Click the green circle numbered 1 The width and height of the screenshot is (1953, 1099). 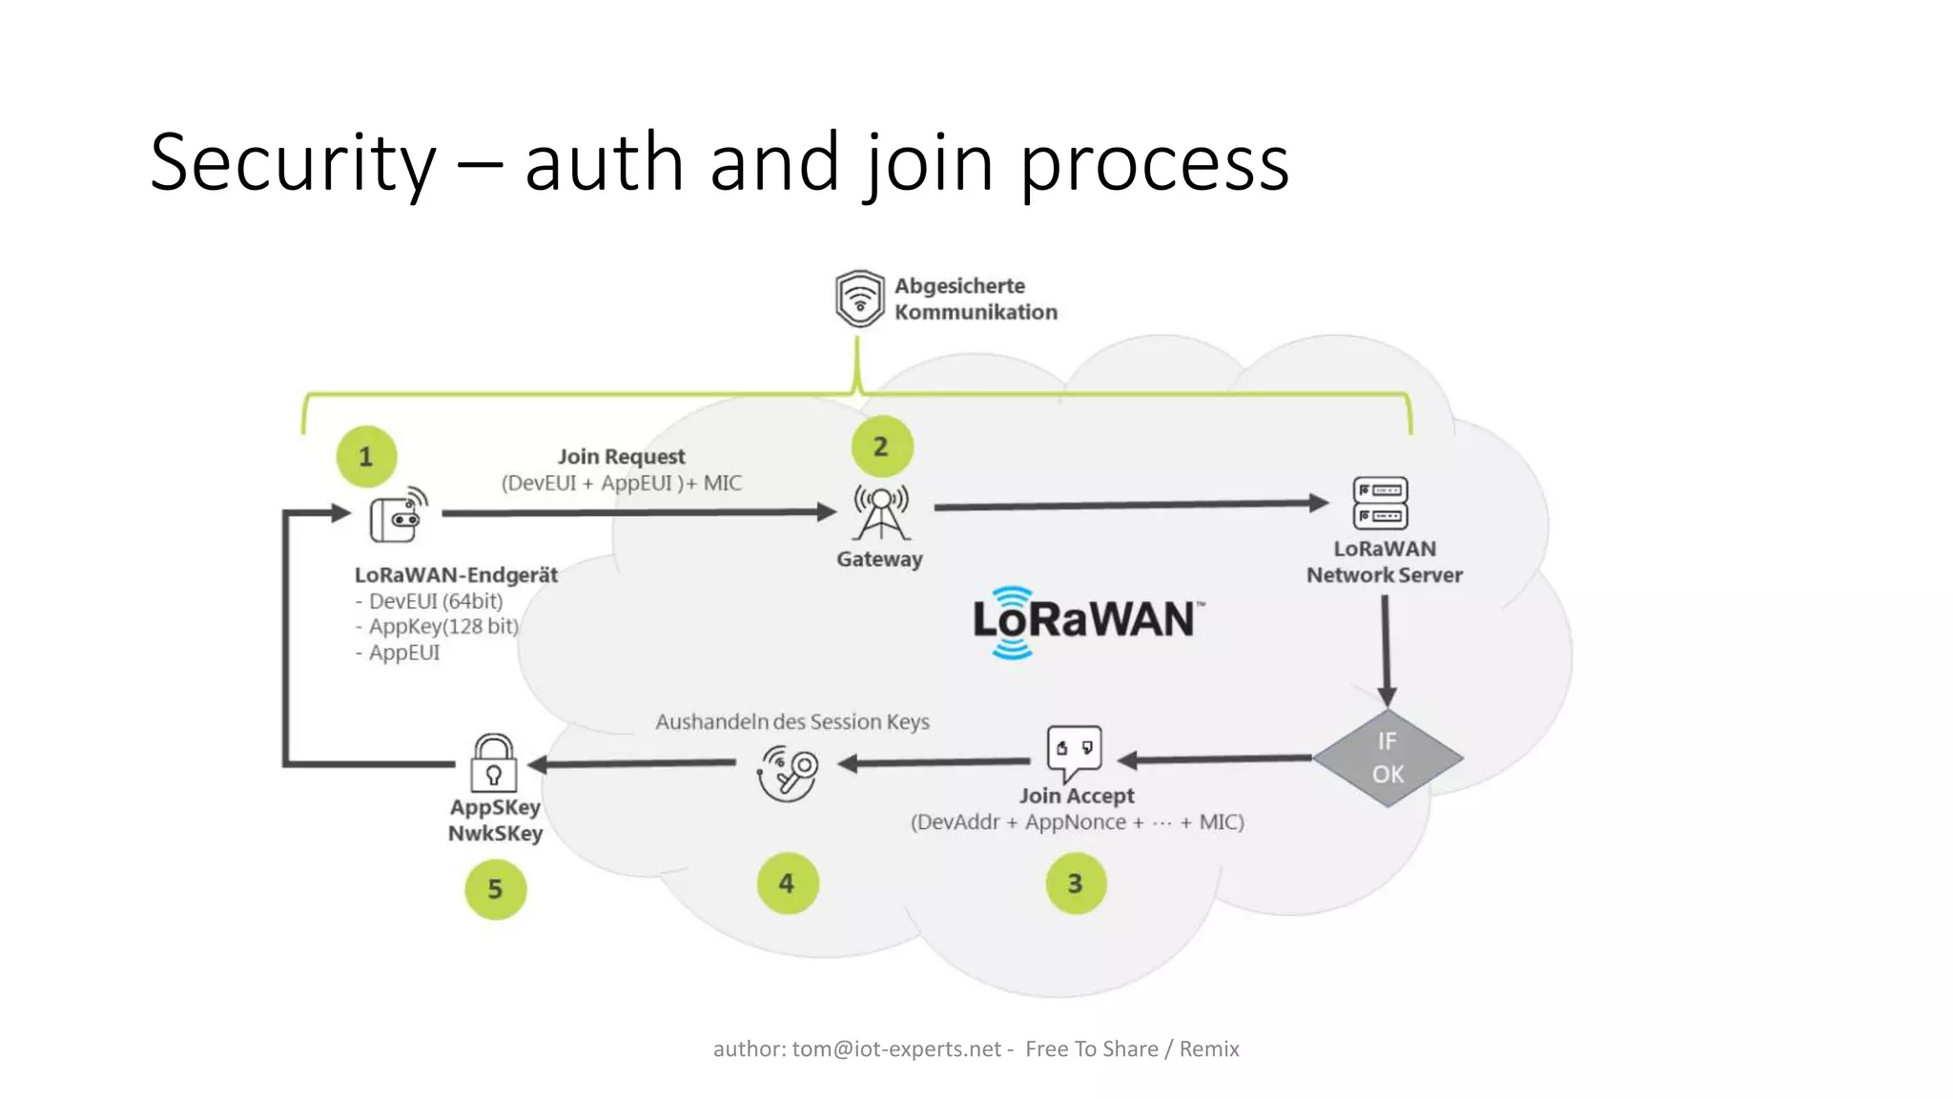[x=366, y=456]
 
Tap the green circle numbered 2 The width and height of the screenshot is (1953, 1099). [x=881, y=446]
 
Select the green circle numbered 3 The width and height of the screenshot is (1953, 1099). [x=1076, y=883]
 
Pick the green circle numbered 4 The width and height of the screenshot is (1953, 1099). [x=787, y=883]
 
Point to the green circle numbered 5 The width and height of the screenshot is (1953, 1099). [x=495, y=889]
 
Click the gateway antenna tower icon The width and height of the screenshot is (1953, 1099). [x=881, y=512]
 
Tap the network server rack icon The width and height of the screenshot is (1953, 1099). [x=1380, y=503]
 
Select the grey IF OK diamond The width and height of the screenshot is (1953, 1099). [x=1388, y=757]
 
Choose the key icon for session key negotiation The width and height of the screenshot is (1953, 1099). [x=788, y=772]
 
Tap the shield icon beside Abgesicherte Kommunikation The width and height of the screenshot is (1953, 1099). [x=859, y=299]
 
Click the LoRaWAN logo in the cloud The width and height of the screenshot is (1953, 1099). [x=1087, y=621]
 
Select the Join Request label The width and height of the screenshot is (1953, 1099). [x=621, y=457]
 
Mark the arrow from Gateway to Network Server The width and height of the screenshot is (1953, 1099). [x=1130, y=506]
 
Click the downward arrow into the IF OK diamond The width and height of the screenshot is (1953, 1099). [x=1386, y=649]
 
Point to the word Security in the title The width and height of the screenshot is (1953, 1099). [x=293, y=162]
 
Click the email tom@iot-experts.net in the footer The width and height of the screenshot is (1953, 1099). [x=896, y=1049]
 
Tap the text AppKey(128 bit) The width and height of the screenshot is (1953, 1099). [x=443, y=627]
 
